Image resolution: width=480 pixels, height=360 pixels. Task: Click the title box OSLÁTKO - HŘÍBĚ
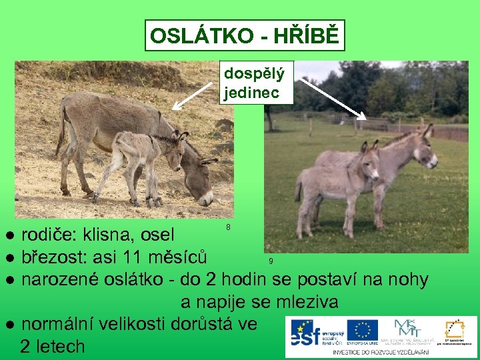pyautogui.click(x=245, y=35)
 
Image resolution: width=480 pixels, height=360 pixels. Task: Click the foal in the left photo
pyautogui.click(x=143, y=160)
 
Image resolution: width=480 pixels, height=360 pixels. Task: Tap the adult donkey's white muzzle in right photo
pyautogui.click(x=431, y=161)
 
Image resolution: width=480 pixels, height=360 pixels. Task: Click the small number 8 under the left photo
pyautogui.click(x=228, y=227)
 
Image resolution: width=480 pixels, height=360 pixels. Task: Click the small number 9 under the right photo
pyautogui.click(x=271, y=261)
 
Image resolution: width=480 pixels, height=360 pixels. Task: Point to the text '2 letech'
pyautogui.click(x=53, y=347)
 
